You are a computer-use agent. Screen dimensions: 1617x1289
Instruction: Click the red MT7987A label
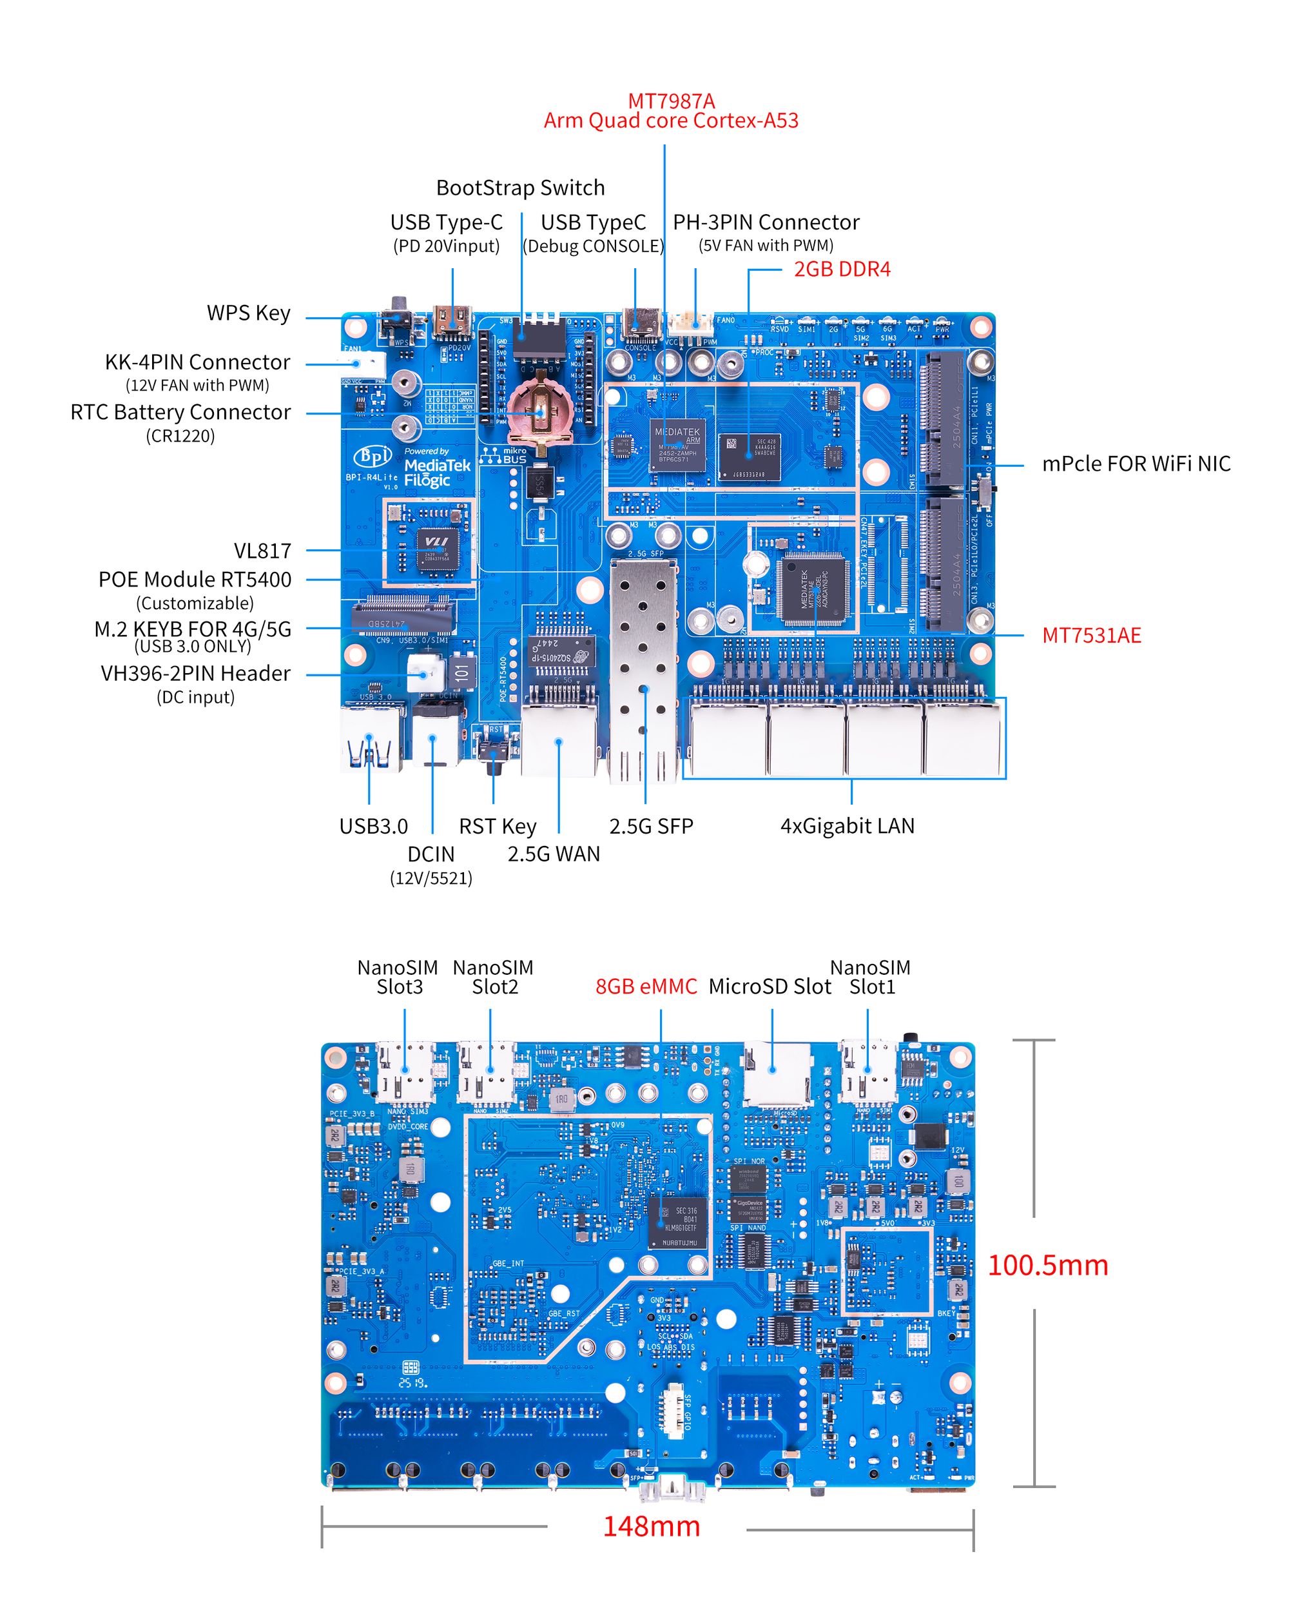pyautogui.click(x=670, y=101)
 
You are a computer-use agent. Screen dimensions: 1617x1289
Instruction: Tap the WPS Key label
pyautogui.click(x=248, y=313)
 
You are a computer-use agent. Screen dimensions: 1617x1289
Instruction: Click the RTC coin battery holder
pyautogui.click(x=538, y=413)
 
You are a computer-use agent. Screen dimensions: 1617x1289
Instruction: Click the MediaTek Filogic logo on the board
pyautogui.click(x=436, y=469)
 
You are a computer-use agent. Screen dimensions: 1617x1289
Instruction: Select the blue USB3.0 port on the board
pyautogui.click(x=371, y=738)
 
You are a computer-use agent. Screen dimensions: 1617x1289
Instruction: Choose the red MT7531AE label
pyautogui.click(x=1091, y=635)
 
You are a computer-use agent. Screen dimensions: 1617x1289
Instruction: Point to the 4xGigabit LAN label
pyautogui.click(x=847, y=826)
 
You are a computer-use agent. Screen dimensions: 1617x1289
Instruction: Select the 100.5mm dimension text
pyautogui.click(x=1047, y=1265)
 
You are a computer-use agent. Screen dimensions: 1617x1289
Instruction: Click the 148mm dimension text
pyautogui.click(x=651, y=1526)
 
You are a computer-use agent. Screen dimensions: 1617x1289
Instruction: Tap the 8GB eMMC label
pyautogui.click(x=646, y=986)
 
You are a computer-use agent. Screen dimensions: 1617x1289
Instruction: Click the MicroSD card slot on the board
pyautogui.click(x=777, y=1072)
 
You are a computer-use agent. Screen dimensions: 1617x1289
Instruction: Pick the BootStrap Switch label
pyautogui.click(x=519, y=188)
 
